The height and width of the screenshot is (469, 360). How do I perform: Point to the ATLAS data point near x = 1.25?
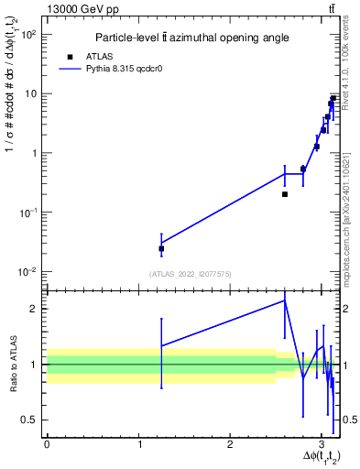(161, 248)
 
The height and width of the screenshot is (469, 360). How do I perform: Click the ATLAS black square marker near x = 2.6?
(285, 194)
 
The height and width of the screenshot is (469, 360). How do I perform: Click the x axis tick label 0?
(47, 444)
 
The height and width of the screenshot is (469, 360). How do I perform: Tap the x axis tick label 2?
(229, 444)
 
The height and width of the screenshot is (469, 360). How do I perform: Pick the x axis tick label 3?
(321, 444)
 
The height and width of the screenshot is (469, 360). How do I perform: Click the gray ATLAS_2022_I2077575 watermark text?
(190, 273)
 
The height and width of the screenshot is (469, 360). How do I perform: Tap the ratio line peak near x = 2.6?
(285, 300)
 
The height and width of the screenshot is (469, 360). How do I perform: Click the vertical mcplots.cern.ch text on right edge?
(352, 211)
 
